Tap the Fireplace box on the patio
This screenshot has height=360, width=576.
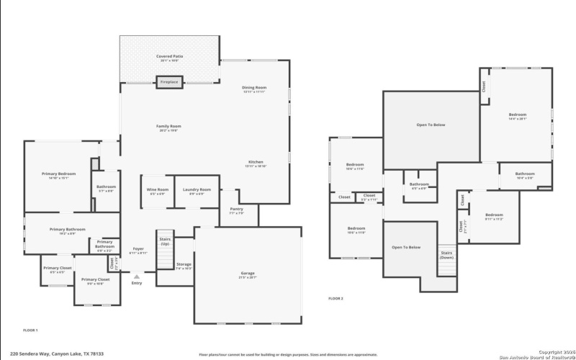pos(169,82)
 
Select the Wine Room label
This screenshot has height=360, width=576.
pos(157,191)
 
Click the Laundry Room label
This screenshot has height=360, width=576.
pos(192,191)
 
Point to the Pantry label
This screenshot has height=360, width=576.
pos(236,210)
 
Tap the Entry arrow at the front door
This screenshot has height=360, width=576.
pos(136,275)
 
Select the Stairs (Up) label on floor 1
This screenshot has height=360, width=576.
pos(163,242)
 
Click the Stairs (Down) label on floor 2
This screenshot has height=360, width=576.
pos(446,255)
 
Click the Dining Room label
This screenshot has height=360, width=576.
pos(254,89)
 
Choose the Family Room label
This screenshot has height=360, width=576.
pos(168,127)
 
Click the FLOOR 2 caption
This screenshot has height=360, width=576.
pos(336,298)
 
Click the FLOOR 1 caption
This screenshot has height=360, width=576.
pos(30,330)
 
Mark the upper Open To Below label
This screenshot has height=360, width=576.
pos(431,125)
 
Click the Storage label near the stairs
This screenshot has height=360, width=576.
pos(183,266)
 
